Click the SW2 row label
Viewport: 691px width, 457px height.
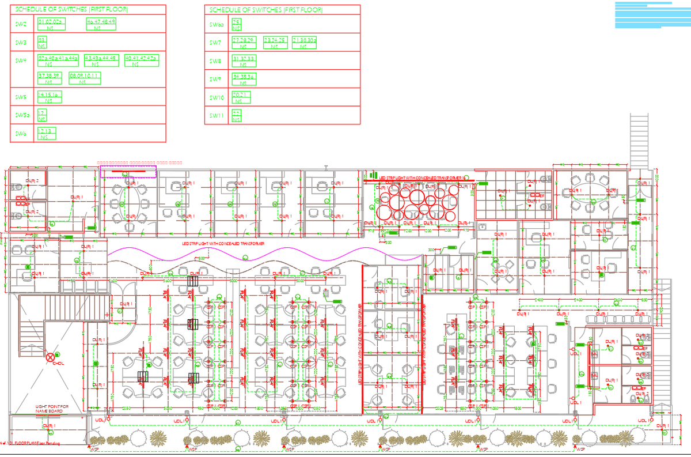tap(21, 24)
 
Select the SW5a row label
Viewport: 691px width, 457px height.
tap(22, 115)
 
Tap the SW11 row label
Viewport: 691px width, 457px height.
tap(216, 116)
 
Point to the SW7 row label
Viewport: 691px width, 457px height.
tap(215, 43)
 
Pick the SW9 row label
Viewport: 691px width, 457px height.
tap(215, 79)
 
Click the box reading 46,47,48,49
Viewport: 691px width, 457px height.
tap(101, 24)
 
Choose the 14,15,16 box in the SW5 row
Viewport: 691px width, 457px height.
tap(50, 96)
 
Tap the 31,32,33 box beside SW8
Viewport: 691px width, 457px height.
tap(244, 61)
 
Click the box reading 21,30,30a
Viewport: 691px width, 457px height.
tap(305, 42)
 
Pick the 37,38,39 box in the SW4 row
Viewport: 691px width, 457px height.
tap(50, 78)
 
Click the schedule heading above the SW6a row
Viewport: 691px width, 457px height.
tap(265, 10)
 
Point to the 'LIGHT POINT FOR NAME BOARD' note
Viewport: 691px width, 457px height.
tap(52, 409)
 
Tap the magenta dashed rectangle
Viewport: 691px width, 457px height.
tap(128, 172)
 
